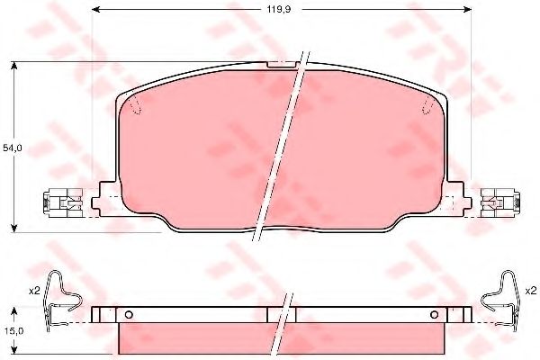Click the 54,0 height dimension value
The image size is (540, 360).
tap(13, 148)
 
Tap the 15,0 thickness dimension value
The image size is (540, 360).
tap(14, 330)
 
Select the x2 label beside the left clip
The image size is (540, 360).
tap(34, 291)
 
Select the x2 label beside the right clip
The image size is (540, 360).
tap(531, 291)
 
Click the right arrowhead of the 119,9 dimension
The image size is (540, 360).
tap(466, 9)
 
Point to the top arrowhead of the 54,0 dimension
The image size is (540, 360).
tap(13, 66)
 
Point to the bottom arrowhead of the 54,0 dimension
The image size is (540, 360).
tap(13, 228)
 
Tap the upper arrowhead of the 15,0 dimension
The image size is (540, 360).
tap(13, 311)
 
